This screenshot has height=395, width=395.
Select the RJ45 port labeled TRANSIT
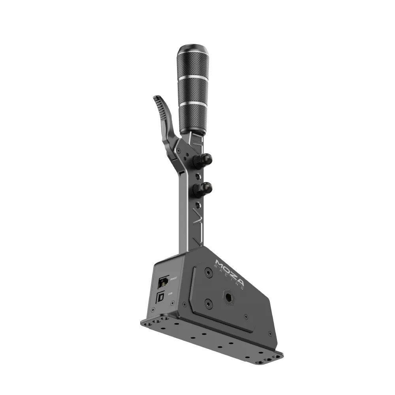click(163, 282)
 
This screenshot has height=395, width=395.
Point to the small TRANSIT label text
click(173, 280)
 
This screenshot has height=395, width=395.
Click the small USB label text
click(171, 293)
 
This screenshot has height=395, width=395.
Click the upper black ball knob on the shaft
click(205, 160)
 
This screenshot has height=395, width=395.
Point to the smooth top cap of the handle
click(193, 51)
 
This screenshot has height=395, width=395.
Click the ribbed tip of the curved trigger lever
click(158, 103)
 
